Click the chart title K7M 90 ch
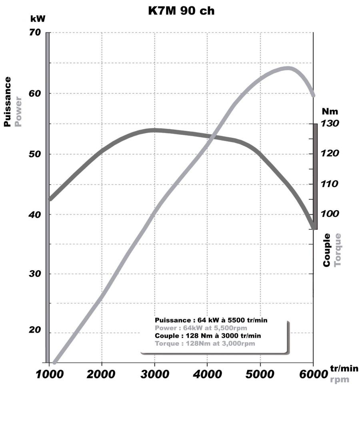[181, 11]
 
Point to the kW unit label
[38, 19]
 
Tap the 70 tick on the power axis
[35, 32]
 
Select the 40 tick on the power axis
[35, 215]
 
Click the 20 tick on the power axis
[35, 330]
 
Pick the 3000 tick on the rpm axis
[155, 374]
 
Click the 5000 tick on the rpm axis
[260, 374]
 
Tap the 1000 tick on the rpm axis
[50, 374]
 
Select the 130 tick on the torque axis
[330, 123]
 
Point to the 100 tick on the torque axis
[330, 214]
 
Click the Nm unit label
[330, 111]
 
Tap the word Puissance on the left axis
[8, 102]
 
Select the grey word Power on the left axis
[18, 111]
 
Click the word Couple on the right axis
[326, 250]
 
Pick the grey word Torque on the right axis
[337, 250]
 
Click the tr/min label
[344, 368]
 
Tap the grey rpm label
[340, 379]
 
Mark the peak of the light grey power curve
[288, 68]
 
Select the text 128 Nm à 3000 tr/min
[223, 336]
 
